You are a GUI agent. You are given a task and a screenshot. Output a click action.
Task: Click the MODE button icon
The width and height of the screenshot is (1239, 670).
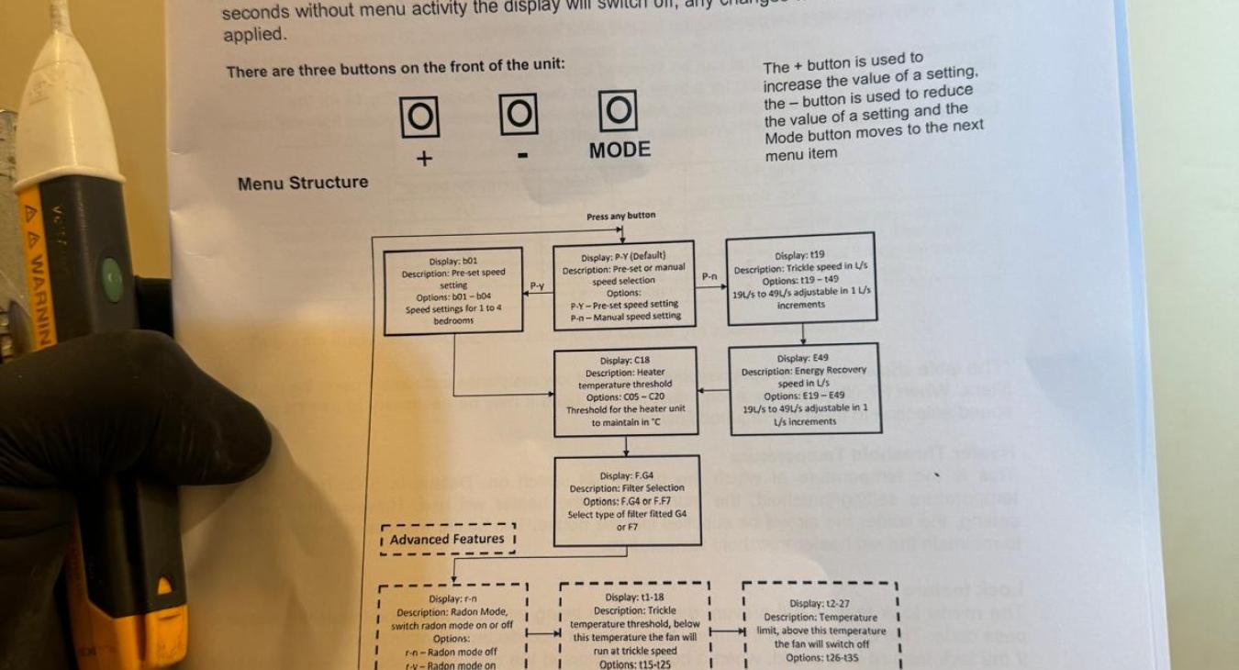coord(618,112)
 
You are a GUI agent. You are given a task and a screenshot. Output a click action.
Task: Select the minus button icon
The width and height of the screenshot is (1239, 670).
coord(519,115)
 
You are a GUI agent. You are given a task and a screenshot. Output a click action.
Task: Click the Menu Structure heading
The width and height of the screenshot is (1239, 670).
coord(303,183)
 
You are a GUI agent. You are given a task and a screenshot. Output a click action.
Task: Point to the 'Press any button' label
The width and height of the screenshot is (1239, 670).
coord(621,217)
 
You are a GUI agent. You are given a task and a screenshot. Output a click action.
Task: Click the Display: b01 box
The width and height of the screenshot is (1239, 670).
coord(453,290)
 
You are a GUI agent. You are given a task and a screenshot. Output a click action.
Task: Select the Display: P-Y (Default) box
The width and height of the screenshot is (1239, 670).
coord(623,285)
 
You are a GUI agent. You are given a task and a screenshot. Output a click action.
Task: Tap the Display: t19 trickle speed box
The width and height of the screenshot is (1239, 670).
coord(800,279)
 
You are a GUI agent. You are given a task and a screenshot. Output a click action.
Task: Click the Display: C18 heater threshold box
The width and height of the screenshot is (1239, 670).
coord(625,391)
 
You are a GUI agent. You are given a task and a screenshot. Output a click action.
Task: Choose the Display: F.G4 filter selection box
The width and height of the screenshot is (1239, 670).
coord(627,500)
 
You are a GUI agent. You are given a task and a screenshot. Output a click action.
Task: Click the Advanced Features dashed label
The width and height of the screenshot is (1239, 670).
coord(447,540)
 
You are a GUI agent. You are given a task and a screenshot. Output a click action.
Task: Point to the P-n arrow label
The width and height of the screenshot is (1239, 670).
coord(710,275)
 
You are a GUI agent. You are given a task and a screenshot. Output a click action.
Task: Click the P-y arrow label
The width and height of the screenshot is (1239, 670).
coord(538,286)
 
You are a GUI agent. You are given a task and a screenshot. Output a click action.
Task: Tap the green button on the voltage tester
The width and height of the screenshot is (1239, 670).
coord(111,278)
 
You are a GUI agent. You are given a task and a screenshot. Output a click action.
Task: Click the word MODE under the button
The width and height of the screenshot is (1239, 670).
coord(619,150)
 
